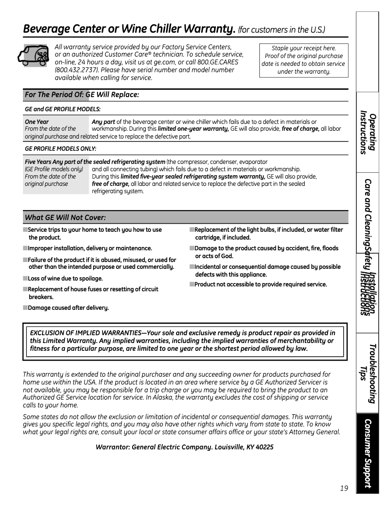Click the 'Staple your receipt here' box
click(x=304, y=60)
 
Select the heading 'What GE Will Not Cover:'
click(x=65, y=217)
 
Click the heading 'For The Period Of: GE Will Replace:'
click(x=82, y=95)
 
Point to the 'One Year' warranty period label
click(x=37, y=121)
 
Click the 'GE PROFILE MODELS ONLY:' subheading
click(x=60, y=148)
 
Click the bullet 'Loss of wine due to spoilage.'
click(x=65, y=279)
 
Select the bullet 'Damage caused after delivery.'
click(x=68, y=308)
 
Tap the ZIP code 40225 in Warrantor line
click(x=264, y=447)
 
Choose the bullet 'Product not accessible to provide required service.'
click(x=261, y=284)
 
